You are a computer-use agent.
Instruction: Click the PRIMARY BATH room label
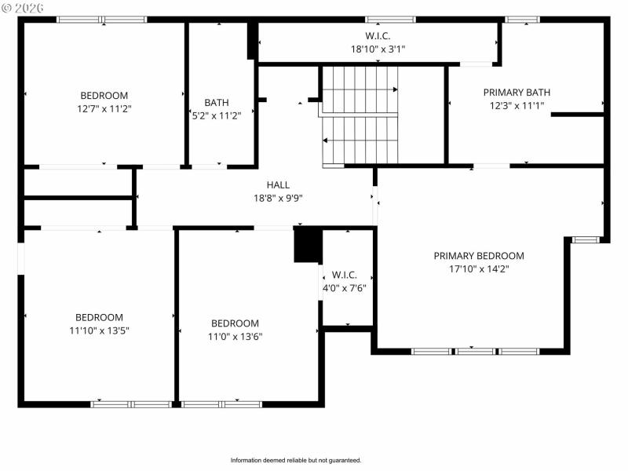(514, 92)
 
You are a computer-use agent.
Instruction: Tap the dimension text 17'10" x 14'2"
(479, 268)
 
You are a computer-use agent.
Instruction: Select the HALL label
(278, 185)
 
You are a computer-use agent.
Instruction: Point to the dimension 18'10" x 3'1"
(378, 49)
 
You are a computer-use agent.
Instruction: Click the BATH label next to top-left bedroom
(217, 103)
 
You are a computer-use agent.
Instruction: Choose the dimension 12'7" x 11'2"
(104, 108)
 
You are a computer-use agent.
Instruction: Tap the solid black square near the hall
(308, 245)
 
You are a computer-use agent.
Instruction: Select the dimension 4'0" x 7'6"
(345, 287)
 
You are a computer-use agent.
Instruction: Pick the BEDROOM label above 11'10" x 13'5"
(99, 318)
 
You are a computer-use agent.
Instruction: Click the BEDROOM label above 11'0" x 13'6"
(235, 323)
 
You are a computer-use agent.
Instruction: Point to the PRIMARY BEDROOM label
(479, 256)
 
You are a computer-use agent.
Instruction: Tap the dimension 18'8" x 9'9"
(278, 198)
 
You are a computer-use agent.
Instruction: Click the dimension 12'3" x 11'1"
(514, 104)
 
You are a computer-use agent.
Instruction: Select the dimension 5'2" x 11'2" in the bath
(217, 115)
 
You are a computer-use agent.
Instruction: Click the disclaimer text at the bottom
(295, 460)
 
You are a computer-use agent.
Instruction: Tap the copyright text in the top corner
(23, 6)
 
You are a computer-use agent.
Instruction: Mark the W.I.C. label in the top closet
(378, 36)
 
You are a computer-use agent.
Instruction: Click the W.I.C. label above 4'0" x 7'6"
(345, 275)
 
